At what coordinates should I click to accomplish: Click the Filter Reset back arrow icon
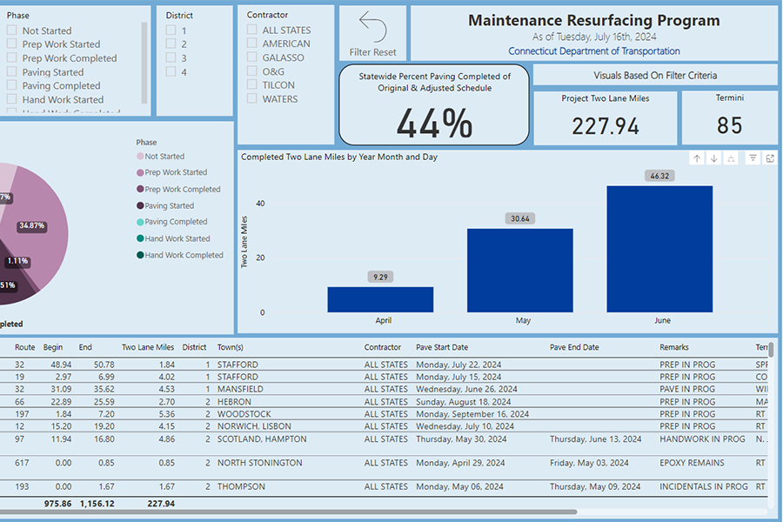[x=372, y=27]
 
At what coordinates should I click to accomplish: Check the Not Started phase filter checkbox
[x=12, y=30]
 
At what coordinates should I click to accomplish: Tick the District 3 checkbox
[x=171, y=57]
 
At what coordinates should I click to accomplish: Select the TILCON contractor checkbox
[x=252, y=85]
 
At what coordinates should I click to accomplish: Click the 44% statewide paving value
[x=434, y=124]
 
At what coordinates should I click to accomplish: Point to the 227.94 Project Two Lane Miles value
[x=606, y=126]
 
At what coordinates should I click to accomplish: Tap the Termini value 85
[x=729, y=126]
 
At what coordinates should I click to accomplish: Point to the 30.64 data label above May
[x=520, y=218]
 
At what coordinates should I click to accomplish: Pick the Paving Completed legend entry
[x=176, y=222]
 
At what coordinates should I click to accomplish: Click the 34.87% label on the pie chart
[x=31, y=226]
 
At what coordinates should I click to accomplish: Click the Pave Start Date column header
[x=442, y=347]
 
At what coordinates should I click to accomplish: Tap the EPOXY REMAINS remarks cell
[x=692, y=463]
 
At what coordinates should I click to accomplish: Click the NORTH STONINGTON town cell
[x=260, y=463]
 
